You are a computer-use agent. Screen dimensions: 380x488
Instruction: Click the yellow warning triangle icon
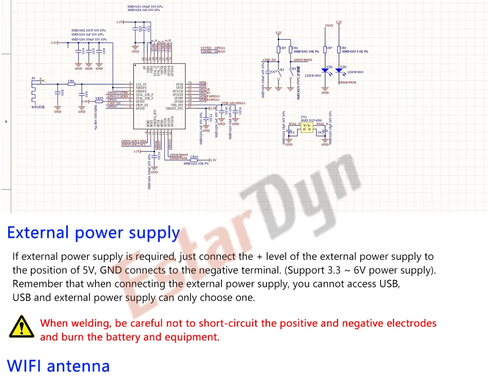point(20,327)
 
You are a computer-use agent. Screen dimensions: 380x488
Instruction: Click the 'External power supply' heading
point(93,233)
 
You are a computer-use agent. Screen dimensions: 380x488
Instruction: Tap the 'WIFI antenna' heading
point(59,366)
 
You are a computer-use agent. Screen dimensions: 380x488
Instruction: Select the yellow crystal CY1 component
point(307,126)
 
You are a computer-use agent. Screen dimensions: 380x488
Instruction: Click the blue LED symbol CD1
point(325,70)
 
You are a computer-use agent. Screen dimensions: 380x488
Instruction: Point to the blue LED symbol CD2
point(339,70)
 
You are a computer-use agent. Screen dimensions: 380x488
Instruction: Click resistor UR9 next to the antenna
point(71,83)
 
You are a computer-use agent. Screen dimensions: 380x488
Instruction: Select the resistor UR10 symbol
point(194,159)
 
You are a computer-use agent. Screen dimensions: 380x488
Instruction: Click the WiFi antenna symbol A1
point(34,89)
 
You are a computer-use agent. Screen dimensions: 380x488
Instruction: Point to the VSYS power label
point(329,25)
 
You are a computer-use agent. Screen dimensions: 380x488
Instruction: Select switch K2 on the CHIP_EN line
point(280,71)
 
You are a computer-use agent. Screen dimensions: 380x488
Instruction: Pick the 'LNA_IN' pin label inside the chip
point(141,84)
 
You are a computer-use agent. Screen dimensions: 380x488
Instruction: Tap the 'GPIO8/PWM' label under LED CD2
point(347,82)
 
